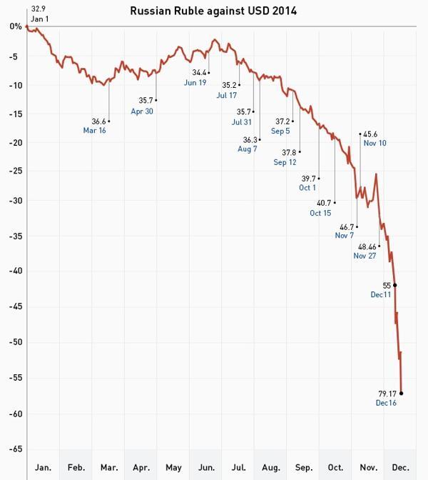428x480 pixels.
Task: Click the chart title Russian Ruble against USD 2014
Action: (x=214, y=11)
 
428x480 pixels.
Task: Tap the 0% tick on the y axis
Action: (x=15, y=26)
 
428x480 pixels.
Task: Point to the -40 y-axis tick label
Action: (x=14, y=271)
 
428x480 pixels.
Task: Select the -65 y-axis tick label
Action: (x=14, y=449)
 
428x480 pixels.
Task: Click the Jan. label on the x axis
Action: (x=43, y=468)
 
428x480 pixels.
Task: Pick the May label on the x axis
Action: (x=173, y=468)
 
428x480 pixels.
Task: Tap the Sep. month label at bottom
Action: (x=303, y=468)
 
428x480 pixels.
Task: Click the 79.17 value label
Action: (x=387, y=393)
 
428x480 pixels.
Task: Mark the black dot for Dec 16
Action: (x=402, y=393)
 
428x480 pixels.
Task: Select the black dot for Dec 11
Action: (x=395, y=285)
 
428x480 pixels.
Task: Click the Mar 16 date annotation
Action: (x=95, y=130)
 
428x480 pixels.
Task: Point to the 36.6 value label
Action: (x=99, y=121)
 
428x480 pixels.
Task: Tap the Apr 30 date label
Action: (x=142, y=111)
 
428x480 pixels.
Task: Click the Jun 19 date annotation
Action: (x=196, y=82)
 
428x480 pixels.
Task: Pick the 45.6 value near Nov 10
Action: (x=371, y=134)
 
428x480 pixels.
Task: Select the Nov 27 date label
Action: (x=365, y=256)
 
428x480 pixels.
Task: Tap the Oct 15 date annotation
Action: (x=320, y=213)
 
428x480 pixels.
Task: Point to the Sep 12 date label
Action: (x=285, y=162)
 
